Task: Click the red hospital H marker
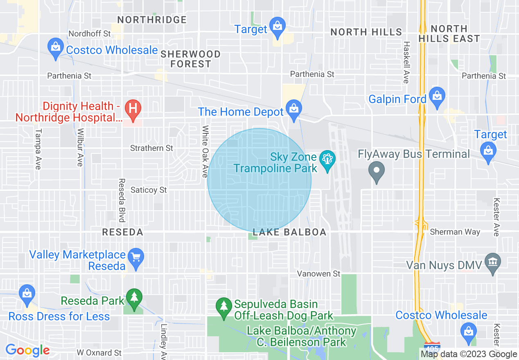click(x=133, y=109)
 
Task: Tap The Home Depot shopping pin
click(x=293, y=109)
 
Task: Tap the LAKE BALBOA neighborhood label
click(x=289, y=232)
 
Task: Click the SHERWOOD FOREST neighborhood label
click(x=191, y=59)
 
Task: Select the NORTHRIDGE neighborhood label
click(x=152, y=20)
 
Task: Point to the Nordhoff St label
click(x=90, y=34)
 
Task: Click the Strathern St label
click(x=151, y=148)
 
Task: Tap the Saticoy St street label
click(x=149, y=190)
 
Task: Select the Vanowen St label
click(x=319, y=273)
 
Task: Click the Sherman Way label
click(x=455, y=232)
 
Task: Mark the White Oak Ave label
click(x=205, y=151)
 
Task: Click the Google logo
click(x=27, y=351)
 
